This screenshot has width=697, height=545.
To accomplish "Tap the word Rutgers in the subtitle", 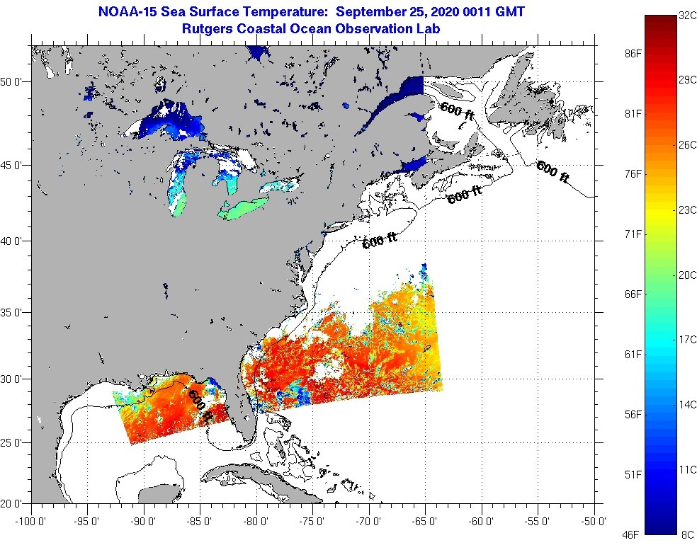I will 208,29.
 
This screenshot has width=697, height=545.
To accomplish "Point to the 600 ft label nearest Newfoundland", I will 552,172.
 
